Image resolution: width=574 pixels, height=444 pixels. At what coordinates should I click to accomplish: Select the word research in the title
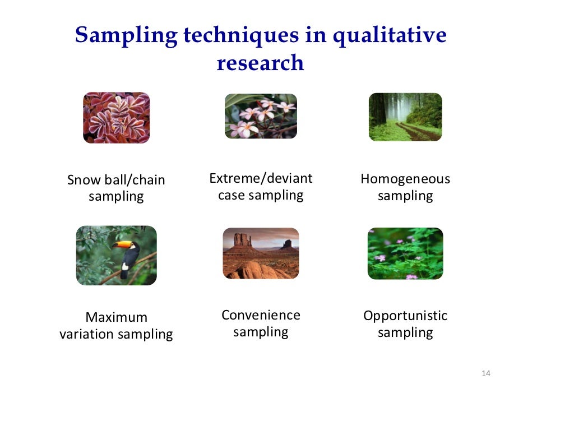(260, 63)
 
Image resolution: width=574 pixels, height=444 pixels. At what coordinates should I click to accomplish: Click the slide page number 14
(485, 374)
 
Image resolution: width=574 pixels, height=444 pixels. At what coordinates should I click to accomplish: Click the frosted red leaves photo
(116, 118)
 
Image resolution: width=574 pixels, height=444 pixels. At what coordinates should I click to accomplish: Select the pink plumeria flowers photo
(261, 116)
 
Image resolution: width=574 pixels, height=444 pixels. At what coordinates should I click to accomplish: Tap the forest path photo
(405, 117)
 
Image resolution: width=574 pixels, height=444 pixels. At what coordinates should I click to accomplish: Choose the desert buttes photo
(261, 253)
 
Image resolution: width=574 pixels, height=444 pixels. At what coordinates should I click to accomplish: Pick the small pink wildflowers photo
(405, 253)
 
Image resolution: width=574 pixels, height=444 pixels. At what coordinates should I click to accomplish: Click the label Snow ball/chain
(116, 180)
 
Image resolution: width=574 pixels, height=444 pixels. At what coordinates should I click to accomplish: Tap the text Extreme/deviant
(261, 178)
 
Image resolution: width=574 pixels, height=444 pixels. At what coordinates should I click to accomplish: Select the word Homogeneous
(405, 179)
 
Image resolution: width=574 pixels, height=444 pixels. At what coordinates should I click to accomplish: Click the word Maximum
(116, 317)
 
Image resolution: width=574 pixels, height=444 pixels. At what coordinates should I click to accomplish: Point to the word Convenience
(261, 315)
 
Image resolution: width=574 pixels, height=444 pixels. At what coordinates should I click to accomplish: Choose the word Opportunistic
(405, 316)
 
